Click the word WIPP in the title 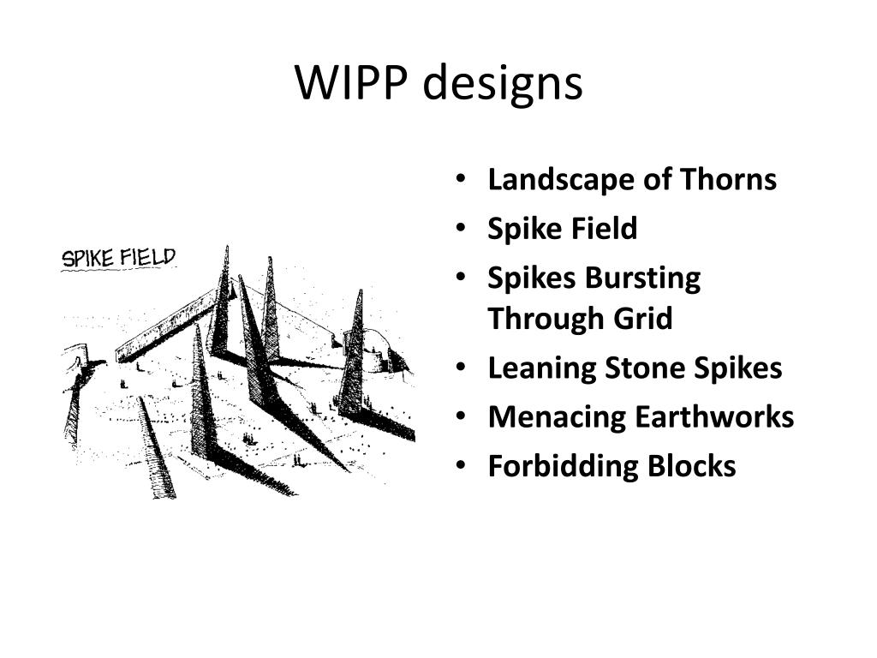point(351,84)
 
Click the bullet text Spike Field point(563,229)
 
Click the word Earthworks point(714,417)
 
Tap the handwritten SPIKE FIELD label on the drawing point(118,258)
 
